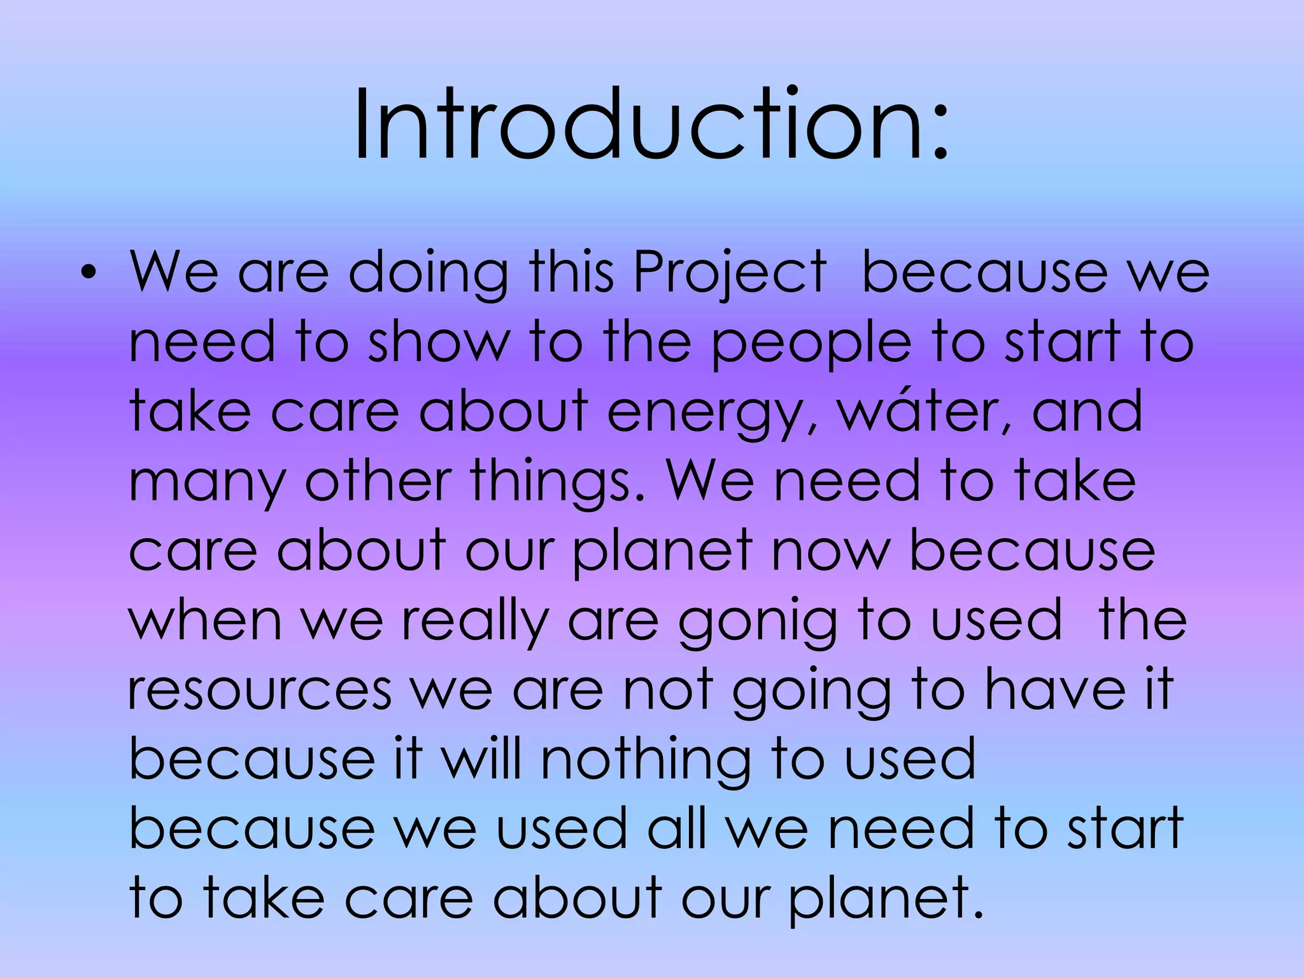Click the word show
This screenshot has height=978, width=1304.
click(439, 343)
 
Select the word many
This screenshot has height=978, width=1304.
click(208, 483)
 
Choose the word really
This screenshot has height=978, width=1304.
click(475, 621)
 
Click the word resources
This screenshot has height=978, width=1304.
click(260, 691)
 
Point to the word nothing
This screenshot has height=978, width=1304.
click(645, 760)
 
